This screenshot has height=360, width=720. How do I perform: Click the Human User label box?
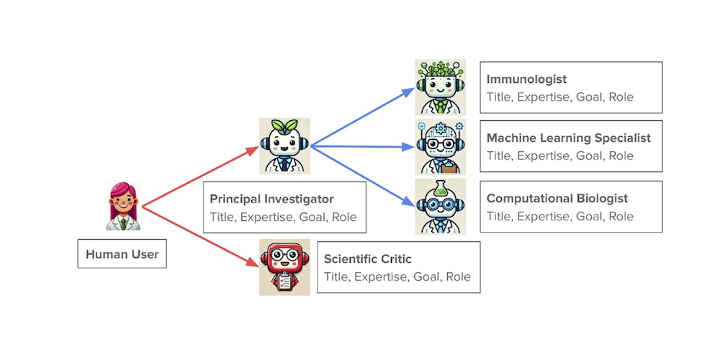122,254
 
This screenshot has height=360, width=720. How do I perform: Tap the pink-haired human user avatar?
123,206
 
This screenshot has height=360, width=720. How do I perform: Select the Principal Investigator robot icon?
284,146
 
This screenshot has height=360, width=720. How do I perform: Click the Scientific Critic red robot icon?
284,267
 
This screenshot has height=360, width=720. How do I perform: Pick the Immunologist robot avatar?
440,86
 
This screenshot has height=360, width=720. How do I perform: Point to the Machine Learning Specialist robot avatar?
440,147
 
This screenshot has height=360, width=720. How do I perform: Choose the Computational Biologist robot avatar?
440,207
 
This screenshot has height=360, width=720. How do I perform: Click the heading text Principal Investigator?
271,199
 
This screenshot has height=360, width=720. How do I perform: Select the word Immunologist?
526,79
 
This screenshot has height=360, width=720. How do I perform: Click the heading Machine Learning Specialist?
568,138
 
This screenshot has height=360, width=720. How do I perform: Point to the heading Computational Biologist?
557,198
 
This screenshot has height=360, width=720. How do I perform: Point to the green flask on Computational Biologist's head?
440,188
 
